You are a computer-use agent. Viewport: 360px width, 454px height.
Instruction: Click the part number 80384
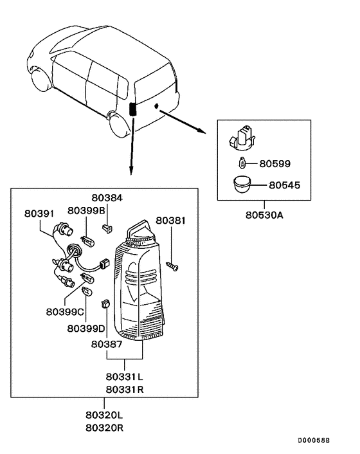(106, 199)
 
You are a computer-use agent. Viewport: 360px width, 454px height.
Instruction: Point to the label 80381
(171, 221)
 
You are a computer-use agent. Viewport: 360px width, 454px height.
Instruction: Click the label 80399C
(64, 312)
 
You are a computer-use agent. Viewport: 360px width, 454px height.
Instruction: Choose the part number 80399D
(85, 328)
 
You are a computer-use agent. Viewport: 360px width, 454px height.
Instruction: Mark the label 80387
(106, 344)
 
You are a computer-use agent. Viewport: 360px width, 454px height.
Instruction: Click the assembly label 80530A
(264, 215)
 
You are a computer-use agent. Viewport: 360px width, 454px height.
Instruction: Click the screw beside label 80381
(172, 263)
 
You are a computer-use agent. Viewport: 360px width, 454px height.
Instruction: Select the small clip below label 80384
(108, 226)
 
